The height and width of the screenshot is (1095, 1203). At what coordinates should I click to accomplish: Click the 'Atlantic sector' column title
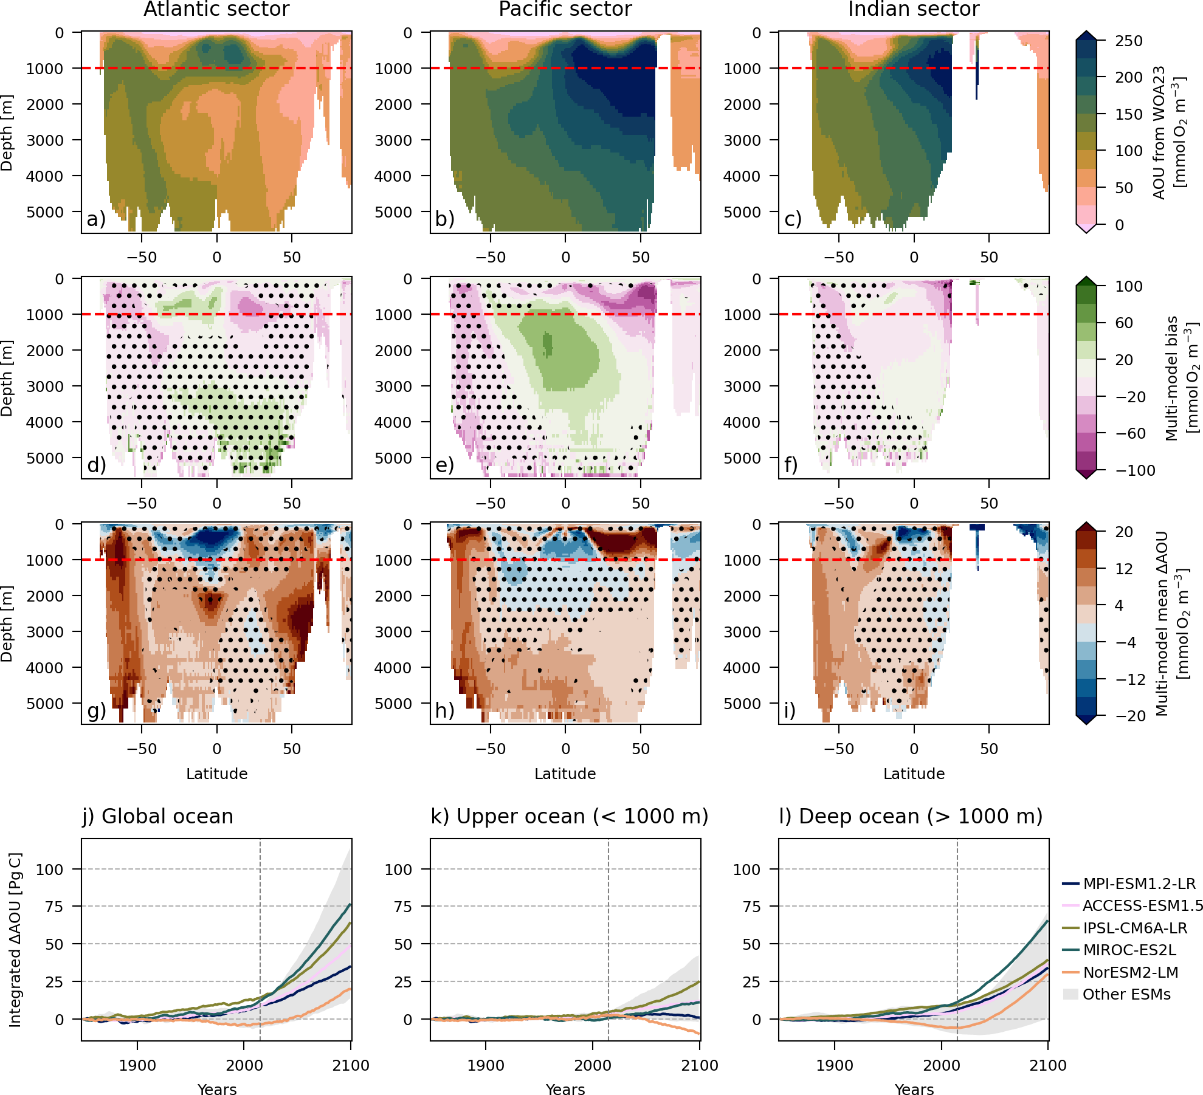pyautogui.click(x=216, y=9)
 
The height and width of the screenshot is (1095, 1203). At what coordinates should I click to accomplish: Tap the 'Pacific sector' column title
pyautogui.click(x=565, y=9)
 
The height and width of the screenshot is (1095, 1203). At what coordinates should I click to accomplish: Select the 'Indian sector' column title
pyautogui.click(x=914, y=9)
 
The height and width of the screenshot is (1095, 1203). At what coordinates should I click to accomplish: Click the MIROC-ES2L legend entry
pyautogui.click(x=1129, y=950)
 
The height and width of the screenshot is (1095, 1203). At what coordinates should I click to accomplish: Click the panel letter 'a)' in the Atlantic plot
pyautogui.click(x=96, y=219)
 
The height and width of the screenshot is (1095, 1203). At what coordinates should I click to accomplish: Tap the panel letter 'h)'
pyautogui.click(x=445, y=710)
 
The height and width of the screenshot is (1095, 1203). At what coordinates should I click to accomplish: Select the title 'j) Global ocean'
pyautogui.click(x=158, y=816)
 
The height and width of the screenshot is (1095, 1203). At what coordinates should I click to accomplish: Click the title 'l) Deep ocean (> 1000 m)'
pyautogui.click(x=911, y=816)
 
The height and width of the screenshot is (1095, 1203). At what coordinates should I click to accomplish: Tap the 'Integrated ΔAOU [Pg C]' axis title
pyautogui.click(x=15, y=940)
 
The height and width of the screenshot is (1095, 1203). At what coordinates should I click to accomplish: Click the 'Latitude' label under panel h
pyautogui.click(x=565, y=774)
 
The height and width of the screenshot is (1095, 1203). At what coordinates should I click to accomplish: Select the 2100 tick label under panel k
pyautogui.click(x=700, y=1065)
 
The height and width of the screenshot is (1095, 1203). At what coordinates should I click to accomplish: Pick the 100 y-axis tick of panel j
pyautogui.click(x=49, y=870)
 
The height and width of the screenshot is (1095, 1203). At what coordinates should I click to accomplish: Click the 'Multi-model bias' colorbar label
pyautogui.click(x=1171, y=378)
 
